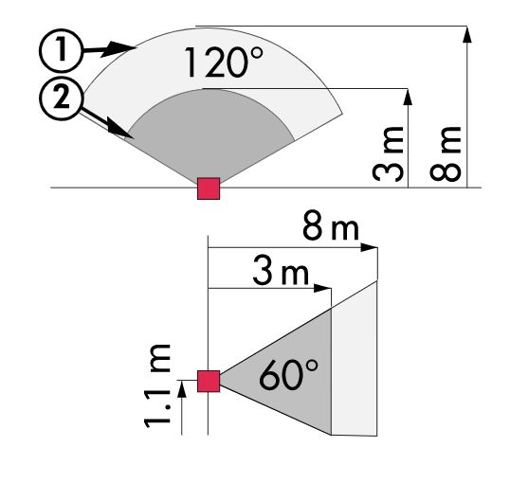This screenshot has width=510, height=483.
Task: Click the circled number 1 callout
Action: [61, 49]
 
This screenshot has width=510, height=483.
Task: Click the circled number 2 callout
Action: [61, 98]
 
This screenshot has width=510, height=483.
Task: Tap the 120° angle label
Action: [224, 63]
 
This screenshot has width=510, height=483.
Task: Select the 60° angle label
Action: [289, 374]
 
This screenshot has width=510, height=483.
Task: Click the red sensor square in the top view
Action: [209, 188]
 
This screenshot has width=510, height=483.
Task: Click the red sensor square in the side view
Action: [209, 381]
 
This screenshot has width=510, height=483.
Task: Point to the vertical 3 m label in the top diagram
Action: [388, 154]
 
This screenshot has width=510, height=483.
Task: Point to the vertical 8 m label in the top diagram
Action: [446, 154]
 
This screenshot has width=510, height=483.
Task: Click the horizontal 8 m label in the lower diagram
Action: [331, 224]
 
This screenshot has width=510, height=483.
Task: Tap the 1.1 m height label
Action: [157, 385]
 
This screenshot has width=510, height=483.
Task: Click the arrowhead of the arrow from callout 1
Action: [118, 49]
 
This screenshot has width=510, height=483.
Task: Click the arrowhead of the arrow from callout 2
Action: [119, 131]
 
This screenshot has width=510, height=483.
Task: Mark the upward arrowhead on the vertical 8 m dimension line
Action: [467, 35]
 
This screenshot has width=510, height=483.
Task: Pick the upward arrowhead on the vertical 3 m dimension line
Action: [408, 97]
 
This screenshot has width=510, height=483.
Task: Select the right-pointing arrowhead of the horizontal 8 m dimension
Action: [369, 247]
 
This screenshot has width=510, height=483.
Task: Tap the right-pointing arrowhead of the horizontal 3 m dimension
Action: [322, 288]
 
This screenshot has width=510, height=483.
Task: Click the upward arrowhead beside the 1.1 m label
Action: [182, 388]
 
